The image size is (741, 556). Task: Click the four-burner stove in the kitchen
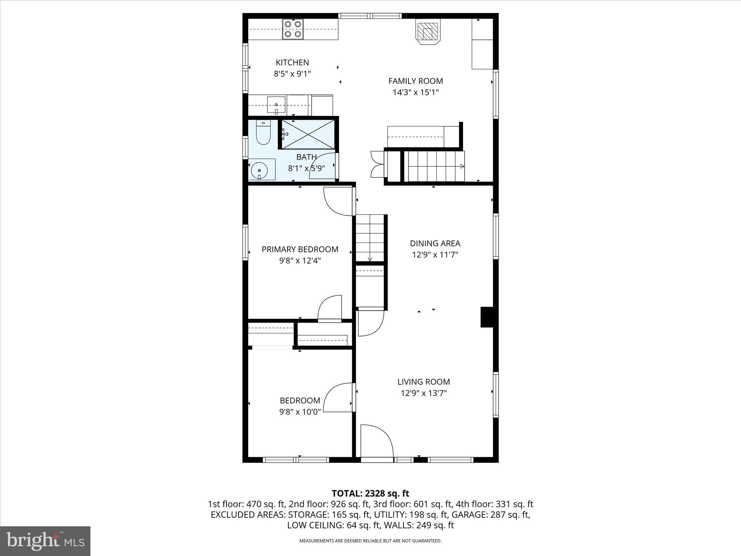[x=293, y=29]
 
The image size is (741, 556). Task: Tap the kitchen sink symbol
[x=276, y=105]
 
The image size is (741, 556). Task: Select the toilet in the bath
[x=263, y=132]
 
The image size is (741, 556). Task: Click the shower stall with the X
[x=308, y=134]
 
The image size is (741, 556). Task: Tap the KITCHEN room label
[x=292, y=62]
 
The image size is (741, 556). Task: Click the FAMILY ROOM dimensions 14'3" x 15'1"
[x=416, y=92]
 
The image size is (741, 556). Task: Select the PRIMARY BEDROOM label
[x=300, y=249]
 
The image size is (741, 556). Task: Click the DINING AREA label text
[x=435, y=243]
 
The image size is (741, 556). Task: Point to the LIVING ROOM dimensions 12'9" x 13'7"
[x=424, y=393]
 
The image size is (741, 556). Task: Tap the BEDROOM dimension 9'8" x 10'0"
[x=300, y=412]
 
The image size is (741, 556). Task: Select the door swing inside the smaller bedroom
[x=338, y=397]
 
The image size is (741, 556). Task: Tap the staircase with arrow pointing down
[x=370, y=237]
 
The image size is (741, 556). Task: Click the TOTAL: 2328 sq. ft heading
[x=370, y=493]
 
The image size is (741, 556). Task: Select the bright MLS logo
[x=45, y=541]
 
